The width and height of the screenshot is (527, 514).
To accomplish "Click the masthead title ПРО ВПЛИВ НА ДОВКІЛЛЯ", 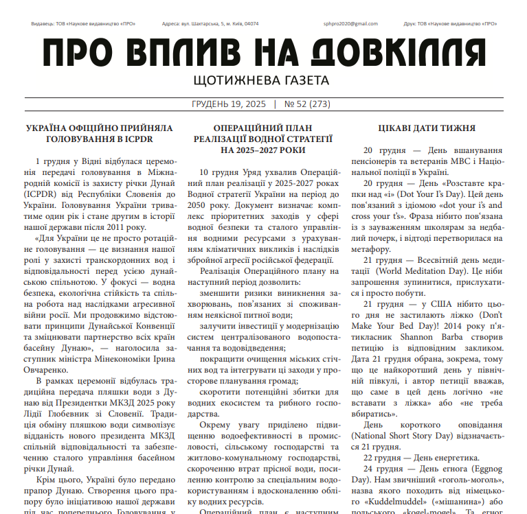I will coord(263,53).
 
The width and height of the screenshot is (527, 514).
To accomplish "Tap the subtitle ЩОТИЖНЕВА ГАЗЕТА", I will coord(263,81).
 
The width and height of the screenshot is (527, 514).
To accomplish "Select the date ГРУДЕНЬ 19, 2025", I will coord(228,105).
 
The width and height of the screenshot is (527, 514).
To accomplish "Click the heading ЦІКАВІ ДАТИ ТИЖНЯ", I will coord(427,128).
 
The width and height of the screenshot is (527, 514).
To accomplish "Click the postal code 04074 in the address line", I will coord(251,23).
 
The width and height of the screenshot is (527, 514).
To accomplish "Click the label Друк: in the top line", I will coord(412,23).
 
